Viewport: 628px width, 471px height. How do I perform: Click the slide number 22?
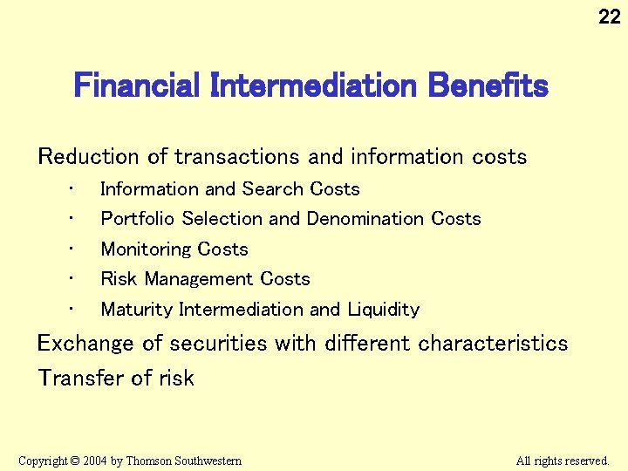[609, 16]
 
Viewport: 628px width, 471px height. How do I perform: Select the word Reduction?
[89, 157]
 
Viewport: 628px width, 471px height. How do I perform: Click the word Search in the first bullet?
[273, 189]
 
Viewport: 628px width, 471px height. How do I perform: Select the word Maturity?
[137, 310]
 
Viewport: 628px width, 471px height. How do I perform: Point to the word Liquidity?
[383, 310]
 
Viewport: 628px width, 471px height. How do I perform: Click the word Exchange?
[85, 344]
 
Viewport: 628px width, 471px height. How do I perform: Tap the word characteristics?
[493, 344]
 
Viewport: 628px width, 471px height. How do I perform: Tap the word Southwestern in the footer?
[208, 461]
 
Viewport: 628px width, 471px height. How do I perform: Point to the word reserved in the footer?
[584, 461]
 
